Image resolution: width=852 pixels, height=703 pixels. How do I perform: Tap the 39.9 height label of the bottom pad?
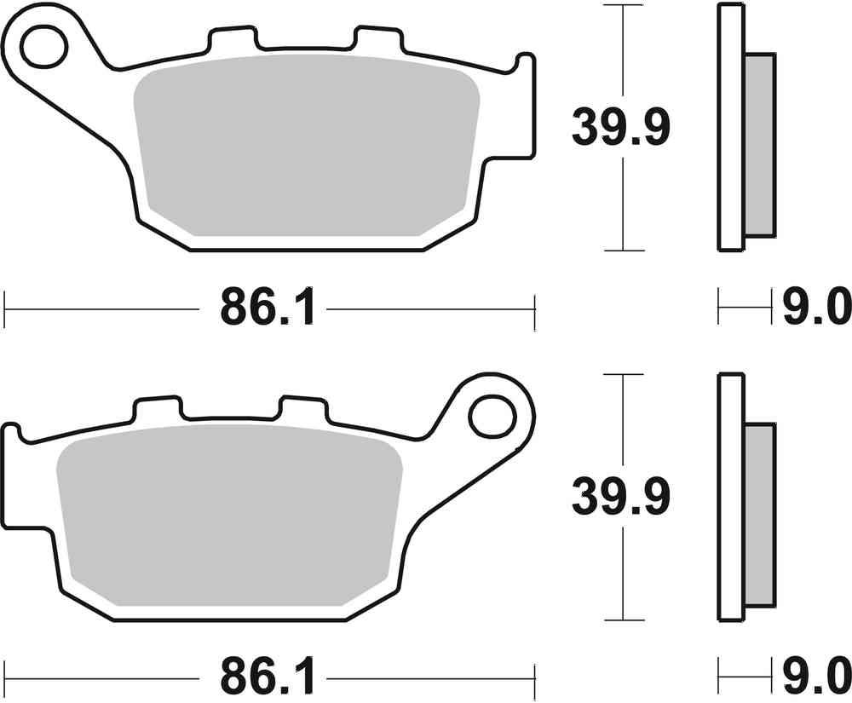click(x=621, y=496)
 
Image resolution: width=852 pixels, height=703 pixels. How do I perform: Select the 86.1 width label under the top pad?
click(x=269, y=307)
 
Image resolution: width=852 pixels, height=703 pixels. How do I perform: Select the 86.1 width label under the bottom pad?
click(x=269, y=678)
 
